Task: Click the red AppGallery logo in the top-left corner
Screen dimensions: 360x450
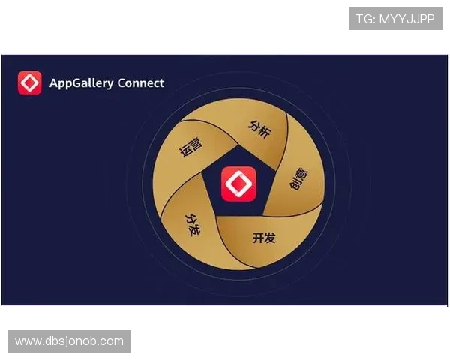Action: pyautogui.click(x=30, y=82)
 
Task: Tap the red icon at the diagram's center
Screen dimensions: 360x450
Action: pyautogui.click(x=238, y=184)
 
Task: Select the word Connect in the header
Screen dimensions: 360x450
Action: pyautogui.click(x=141, y=82)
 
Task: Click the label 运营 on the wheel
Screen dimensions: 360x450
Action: pyautogui.click(x=192, y=148)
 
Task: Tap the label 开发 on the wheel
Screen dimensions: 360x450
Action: pyautogui.click(x=264, y=238)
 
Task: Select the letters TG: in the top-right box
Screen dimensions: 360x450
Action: pyautogui.click(x=365, y=19)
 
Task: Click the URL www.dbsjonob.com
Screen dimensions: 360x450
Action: pyautogui.click(x=69, y=341)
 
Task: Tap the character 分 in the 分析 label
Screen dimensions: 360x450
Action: pyautogui.click(x=254, y=124)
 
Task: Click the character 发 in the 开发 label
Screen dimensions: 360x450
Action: pyautogui.click(x=270, y=238)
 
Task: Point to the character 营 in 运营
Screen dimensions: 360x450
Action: pyautogui.click(x=196, y=143)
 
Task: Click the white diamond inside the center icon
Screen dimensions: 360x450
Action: pyautogui.click(x=238, y=184)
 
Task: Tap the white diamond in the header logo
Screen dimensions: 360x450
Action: pyautogui.click(x=30, y=82)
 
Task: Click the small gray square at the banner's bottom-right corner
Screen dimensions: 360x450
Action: pyautogui.click(x=447, y=309)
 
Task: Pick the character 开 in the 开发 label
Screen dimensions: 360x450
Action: pyautogui.click(x=258, y=238)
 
